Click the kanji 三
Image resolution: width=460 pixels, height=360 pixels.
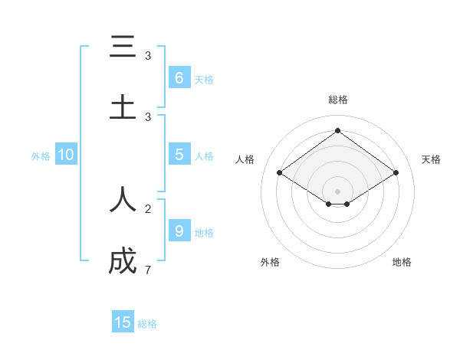(123, 47)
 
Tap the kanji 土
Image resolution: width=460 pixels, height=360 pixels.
(123, 106)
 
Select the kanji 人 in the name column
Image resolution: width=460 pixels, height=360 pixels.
(123, 199)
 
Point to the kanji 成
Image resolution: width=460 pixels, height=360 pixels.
(123, 261)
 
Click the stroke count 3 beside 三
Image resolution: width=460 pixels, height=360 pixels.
(148, 56)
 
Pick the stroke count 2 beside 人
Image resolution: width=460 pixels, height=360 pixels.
(148, 208)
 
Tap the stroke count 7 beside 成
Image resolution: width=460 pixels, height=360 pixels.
(148, 270)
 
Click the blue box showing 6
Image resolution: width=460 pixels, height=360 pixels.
(179, 77)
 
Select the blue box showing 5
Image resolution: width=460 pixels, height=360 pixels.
(179, 155)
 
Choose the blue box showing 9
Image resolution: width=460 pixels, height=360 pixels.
(179, 231)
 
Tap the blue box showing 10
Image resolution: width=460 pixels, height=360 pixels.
(66, 155)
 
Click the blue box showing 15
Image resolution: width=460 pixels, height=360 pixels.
(123, 322)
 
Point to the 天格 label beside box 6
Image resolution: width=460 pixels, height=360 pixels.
(204, 79)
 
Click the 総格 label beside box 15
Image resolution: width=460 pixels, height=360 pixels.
(147, 324)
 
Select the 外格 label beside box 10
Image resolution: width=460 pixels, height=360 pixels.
(41, 156)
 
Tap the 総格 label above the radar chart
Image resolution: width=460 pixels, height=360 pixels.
(337, 100)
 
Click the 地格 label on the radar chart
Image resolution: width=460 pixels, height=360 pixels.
(402, 262)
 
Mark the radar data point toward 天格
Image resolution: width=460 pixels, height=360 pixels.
(396, 173)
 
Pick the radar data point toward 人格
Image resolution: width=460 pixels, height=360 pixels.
(280, 173)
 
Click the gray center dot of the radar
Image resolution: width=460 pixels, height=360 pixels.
(337, 191)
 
